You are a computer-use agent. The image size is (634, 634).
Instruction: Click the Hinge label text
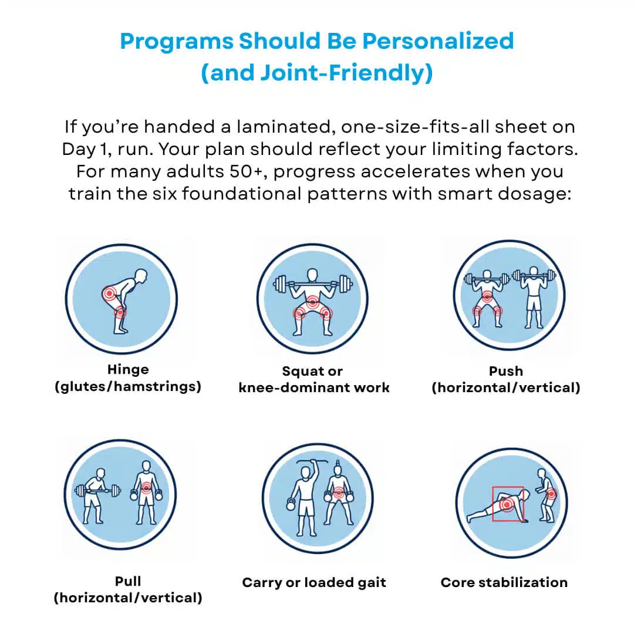click(128, 370)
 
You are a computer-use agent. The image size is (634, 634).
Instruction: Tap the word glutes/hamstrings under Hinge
click(128, 387)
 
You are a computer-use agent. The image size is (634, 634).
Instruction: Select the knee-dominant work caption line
click(314, 387)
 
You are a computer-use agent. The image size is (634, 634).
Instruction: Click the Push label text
click(505, 371)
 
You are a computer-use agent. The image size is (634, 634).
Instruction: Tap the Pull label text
click(128, 581)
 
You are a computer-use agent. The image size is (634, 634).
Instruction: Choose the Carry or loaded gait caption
click(314, 583)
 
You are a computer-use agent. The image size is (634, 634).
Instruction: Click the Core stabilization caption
click(504, 583)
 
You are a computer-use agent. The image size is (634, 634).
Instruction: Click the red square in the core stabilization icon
click(508, 503)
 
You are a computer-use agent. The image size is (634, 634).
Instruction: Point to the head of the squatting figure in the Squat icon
click(312, 275)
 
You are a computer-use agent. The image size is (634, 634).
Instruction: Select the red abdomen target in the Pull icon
click(145, 488)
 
